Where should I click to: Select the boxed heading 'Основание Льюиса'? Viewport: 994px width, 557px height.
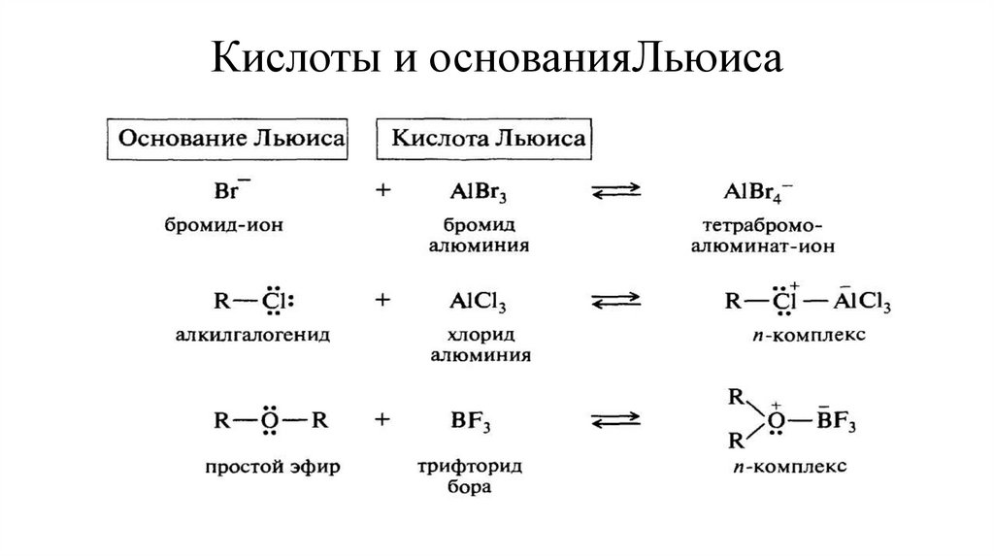coord(231,139)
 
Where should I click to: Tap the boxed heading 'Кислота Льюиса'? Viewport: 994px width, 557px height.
coord(488,139)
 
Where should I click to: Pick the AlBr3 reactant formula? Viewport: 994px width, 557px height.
coord(477,191)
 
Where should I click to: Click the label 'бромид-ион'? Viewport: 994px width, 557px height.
coord(229,225)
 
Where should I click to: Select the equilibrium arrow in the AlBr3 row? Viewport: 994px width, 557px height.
coord(616,192)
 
